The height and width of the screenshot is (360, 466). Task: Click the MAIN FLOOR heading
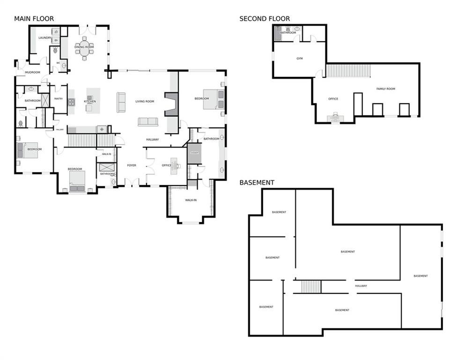pos(34,19)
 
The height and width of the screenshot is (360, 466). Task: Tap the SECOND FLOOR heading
pos(264,19)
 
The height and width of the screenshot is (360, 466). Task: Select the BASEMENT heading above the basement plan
pos(257,182)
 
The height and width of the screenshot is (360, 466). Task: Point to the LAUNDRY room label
pos(45,38)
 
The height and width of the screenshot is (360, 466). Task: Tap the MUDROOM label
pos(32,72)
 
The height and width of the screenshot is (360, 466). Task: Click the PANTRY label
pos(59,98)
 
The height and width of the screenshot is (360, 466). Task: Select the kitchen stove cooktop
pos(72,101)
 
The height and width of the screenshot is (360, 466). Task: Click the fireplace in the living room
pos(172,104)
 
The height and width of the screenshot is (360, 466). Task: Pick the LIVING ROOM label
pos(145,101)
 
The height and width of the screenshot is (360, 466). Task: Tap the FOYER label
pos(132,165)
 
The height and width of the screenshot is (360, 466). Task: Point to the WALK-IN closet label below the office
pos(190,200)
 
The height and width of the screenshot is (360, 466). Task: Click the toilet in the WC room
pos(64,66)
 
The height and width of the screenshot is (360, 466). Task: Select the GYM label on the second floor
pos(300,59)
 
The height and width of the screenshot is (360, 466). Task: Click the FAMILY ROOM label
pos(386,89)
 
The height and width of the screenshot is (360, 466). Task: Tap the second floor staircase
pos(348,71)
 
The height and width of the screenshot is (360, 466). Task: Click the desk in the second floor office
pos(335,118)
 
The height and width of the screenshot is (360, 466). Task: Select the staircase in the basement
pos(311,286)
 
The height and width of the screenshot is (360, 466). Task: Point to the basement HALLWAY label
pos(361,285)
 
